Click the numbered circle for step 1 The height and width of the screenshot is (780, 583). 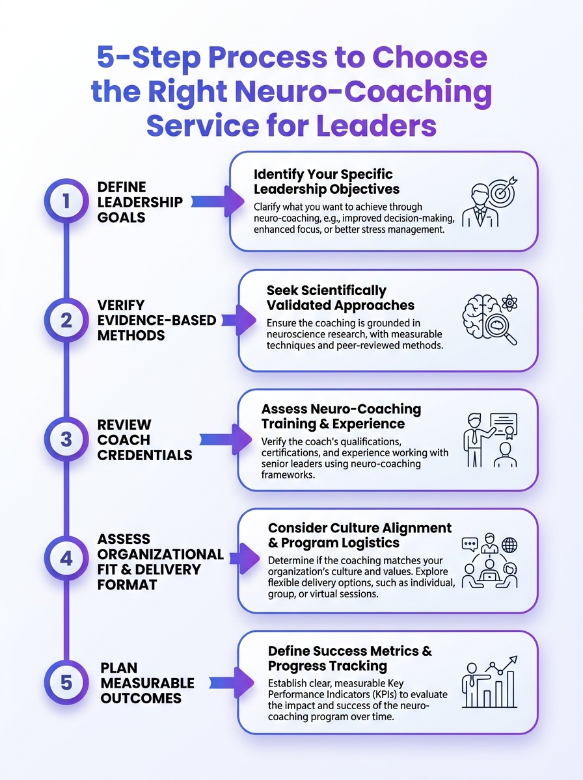66,201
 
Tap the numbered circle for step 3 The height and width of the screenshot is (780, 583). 66,439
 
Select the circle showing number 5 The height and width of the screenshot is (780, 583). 66,683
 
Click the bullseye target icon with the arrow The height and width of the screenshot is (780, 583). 505,190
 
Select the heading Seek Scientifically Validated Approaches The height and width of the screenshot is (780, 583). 340,298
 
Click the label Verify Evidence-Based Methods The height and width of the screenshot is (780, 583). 156,320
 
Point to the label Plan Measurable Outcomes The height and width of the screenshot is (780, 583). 147,683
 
